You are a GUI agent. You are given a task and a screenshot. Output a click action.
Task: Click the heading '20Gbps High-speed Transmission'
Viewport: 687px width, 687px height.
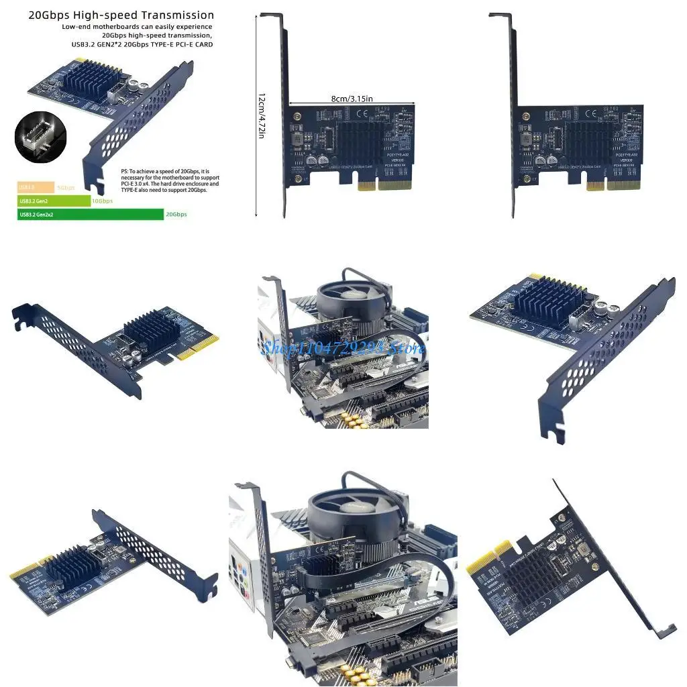click(x=121, y=15)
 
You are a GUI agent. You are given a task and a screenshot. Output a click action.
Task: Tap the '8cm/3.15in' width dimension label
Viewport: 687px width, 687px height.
click(x=352, y=99)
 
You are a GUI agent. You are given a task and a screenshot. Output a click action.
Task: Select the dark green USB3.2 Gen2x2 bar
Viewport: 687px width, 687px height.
click(x=90, y=214)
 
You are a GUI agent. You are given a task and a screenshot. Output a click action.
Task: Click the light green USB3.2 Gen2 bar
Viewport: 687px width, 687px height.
click(x=54, y=201)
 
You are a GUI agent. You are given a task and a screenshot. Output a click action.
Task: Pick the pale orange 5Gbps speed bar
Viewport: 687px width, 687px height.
click(x=36, y=187)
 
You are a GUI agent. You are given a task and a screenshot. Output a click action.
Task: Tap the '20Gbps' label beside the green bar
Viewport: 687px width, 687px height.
click(x=176, y=214)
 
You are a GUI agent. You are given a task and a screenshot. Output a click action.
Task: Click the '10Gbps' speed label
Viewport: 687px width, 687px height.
click(x=103, y=201)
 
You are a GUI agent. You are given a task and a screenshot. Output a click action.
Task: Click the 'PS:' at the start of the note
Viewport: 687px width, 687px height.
click(x=125, y=172)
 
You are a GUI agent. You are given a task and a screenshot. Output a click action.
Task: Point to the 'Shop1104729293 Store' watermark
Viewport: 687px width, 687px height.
click(x=343, y=348)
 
